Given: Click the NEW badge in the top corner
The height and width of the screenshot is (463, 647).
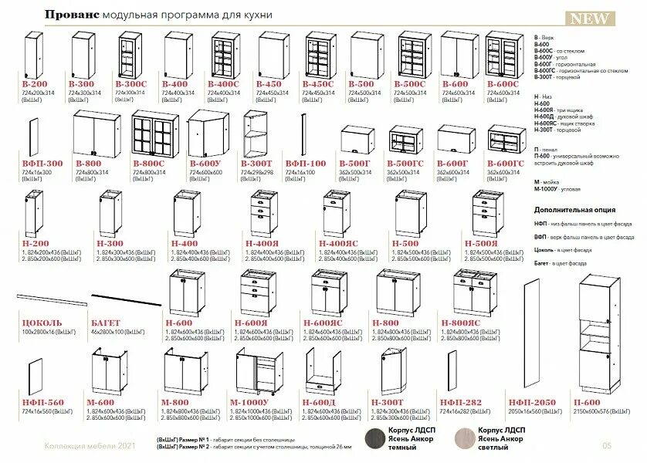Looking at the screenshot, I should tap(590, 19).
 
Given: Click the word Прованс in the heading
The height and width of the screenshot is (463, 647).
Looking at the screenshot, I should tap(69, 15).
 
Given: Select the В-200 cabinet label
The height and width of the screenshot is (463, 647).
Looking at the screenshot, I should tap(34, 83).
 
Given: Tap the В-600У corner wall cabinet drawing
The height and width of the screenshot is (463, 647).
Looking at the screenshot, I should tap(206, 132).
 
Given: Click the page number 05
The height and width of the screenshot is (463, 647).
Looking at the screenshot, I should tap(606, 445).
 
